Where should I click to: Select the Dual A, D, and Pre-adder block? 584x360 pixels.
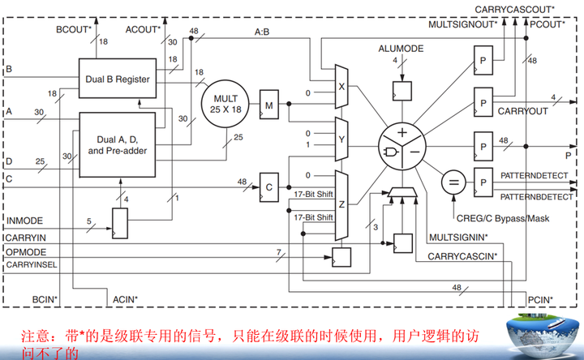pyautogui.click(x=117, y=144)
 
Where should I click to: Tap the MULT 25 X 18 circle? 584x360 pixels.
pyautogui.click(x=225, y=104)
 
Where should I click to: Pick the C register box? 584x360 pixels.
pyautogui.click(x=268, y=185)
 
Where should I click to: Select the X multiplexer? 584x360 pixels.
pyautogui.click(x=341, y=85)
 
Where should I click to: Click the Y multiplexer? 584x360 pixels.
pyautogui.click(x=341, y=139)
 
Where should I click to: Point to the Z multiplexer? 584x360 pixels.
pyautogui.click(x=341, y=204)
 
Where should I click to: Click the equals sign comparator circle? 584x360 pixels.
pyautogui.click(x=452, y=182)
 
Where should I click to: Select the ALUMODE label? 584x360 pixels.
pyautogui.click(x=400, y=49)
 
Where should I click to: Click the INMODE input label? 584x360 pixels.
pyautogui.click(x=24, y=220)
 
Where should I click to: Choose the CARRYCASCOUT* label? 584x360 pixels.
pyautogui.click(x=514, y=8)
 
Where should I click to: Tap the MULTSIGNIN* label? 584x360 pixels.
pyautogui.click(x=457, y=237)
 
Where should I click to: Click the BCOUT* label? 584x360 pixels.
pyautogui.click(x=72, y=28)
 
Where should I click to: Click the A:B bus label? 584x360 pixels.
pyautogui.click(x=262, y=32)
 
